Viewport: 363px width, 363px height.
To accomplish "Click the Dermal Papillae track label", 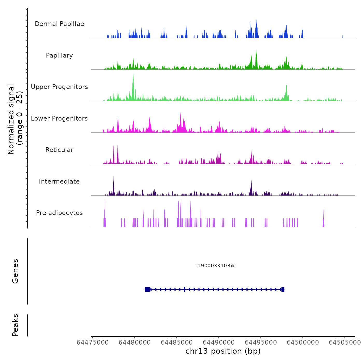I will [59, 24].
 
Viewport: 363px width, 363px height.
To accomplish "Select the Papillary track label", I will [59, 55].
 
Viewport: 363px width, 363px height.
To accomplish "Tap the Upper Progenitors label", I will [59, 87].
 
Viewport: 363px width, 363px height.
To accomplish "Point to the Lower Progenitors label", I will [59, 118].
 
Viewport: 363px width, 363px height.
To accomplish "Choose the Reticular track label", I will [59, 150].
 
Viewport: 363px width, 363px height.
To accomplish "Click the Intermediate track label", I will [59, 181].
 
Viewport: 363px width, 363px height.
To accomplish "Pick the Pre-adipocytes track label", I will [59, 213].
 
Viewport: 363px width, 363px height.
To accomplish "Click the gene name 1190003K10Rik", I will [215, 266].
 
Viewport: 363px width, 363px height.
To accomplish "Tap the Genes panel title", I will [15, 271].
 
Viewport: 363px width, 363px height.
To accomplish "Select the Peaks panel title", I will [15, 325].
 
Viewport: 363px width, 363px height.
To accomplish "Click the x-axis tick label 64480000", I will [135, 343].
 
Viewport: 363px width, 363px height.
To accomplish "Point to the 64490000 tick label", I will [219, 343].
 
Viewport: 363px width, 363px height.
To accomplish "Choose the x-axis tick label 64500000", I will [303, 343].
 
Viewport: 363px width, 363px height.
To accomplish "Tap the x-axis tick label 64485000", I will [177, 343].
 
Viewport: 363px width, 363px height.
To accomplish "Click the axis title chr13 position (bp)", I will [223, 351].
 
